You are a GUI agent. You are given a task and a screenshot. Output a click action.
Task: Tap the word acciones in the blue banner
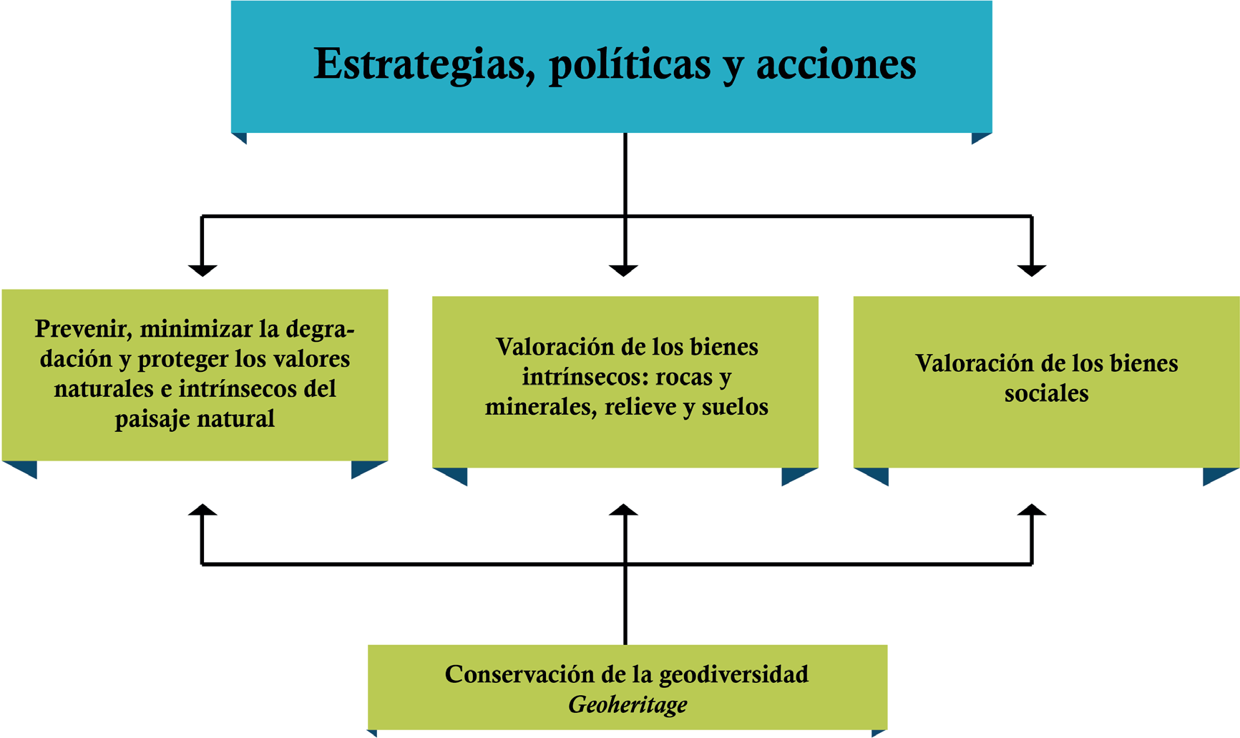(x=836, y=64)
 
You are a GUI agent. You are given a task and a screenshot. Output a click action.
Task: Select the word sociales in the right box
(x=1046, y=393)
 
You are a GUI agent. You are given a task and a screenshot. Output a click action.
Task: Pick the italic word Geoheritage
(x=628, y=705)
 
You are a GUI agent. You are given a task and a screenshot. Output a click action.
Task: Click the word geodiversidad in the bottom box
(x=733, y=674)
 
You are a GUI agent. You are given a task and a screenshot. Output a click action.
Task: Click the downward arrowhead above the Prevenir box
(x=202, y=270)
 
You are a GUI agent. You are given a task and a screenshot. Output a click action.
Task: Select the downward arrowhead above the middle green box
(x=624, y=270)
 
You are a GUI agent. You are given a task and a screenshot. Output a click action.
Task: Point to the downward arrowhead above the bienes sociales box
(x=1032, y=270)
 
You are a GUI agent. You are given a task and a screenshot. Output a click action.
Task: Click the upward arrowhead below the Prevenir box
(x=202, y=510)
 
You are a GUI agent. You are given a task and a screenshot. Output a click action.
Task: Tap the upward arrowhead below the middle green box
(x=624, y=510)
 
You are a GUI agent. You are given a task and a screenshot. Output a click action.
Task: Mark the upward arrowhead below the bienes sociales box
(x=1032, y=510)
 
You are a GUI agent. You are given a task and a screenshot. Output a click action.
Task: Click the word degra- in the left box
(x=320, y=329)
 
